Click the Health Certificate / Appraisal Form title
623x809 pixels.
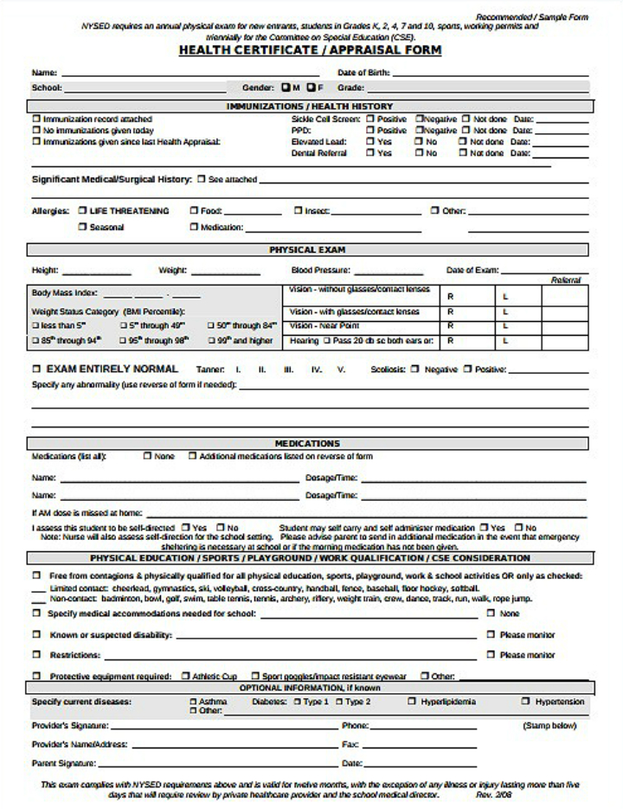[310, 50]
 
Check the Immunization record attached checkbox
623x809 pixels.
[36, 119]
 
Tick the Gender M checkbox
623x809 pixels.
[286, 87]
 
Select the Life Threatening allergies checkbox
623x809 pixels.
[82, 210]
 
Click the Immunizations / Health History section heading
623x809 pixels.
[310, 106]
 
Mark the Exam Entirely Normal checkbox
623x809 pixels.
[36, 369]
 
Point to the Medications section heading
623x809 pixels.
[307, 443]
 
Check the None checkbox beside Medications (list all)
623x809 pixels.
[147, 456]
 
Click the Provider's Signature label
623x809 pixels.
[69, 725]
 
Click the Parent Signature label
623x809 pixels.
[63, 763]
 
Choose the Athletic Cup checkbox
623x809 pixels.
[185, 676]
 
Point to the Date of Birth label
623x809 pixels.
[363, 73]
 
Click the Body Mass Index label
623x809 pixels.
[65, 292]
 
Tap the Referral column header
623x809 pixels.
[565, 280]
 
